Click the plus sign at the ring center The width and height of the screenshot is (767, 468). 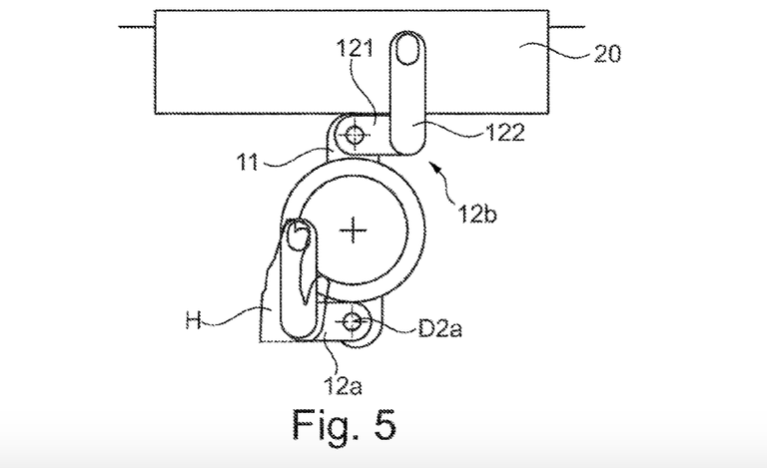pos(353,232)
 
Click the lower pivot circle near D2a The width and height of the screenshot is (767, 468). pos(353,321)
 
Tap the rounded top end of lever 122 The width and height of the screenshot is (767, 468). pos(407,46)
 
